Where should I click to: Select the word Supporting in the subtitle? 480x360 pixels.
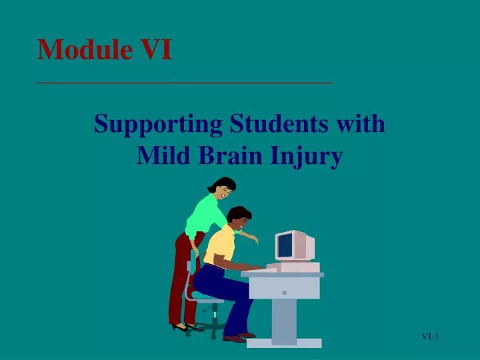pos(158,125)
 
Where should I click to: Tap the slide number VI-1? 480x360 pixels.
pos(430,337)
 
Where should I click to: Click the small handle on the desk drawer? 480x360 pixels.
pos(284,292)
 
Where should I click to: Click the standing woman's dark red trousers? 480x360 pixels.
pos(180,280)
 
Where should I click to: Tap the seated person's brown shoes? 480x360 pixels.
pos(237,337)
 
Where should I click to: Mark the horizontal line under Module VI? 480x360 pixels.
pos(185,83)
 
